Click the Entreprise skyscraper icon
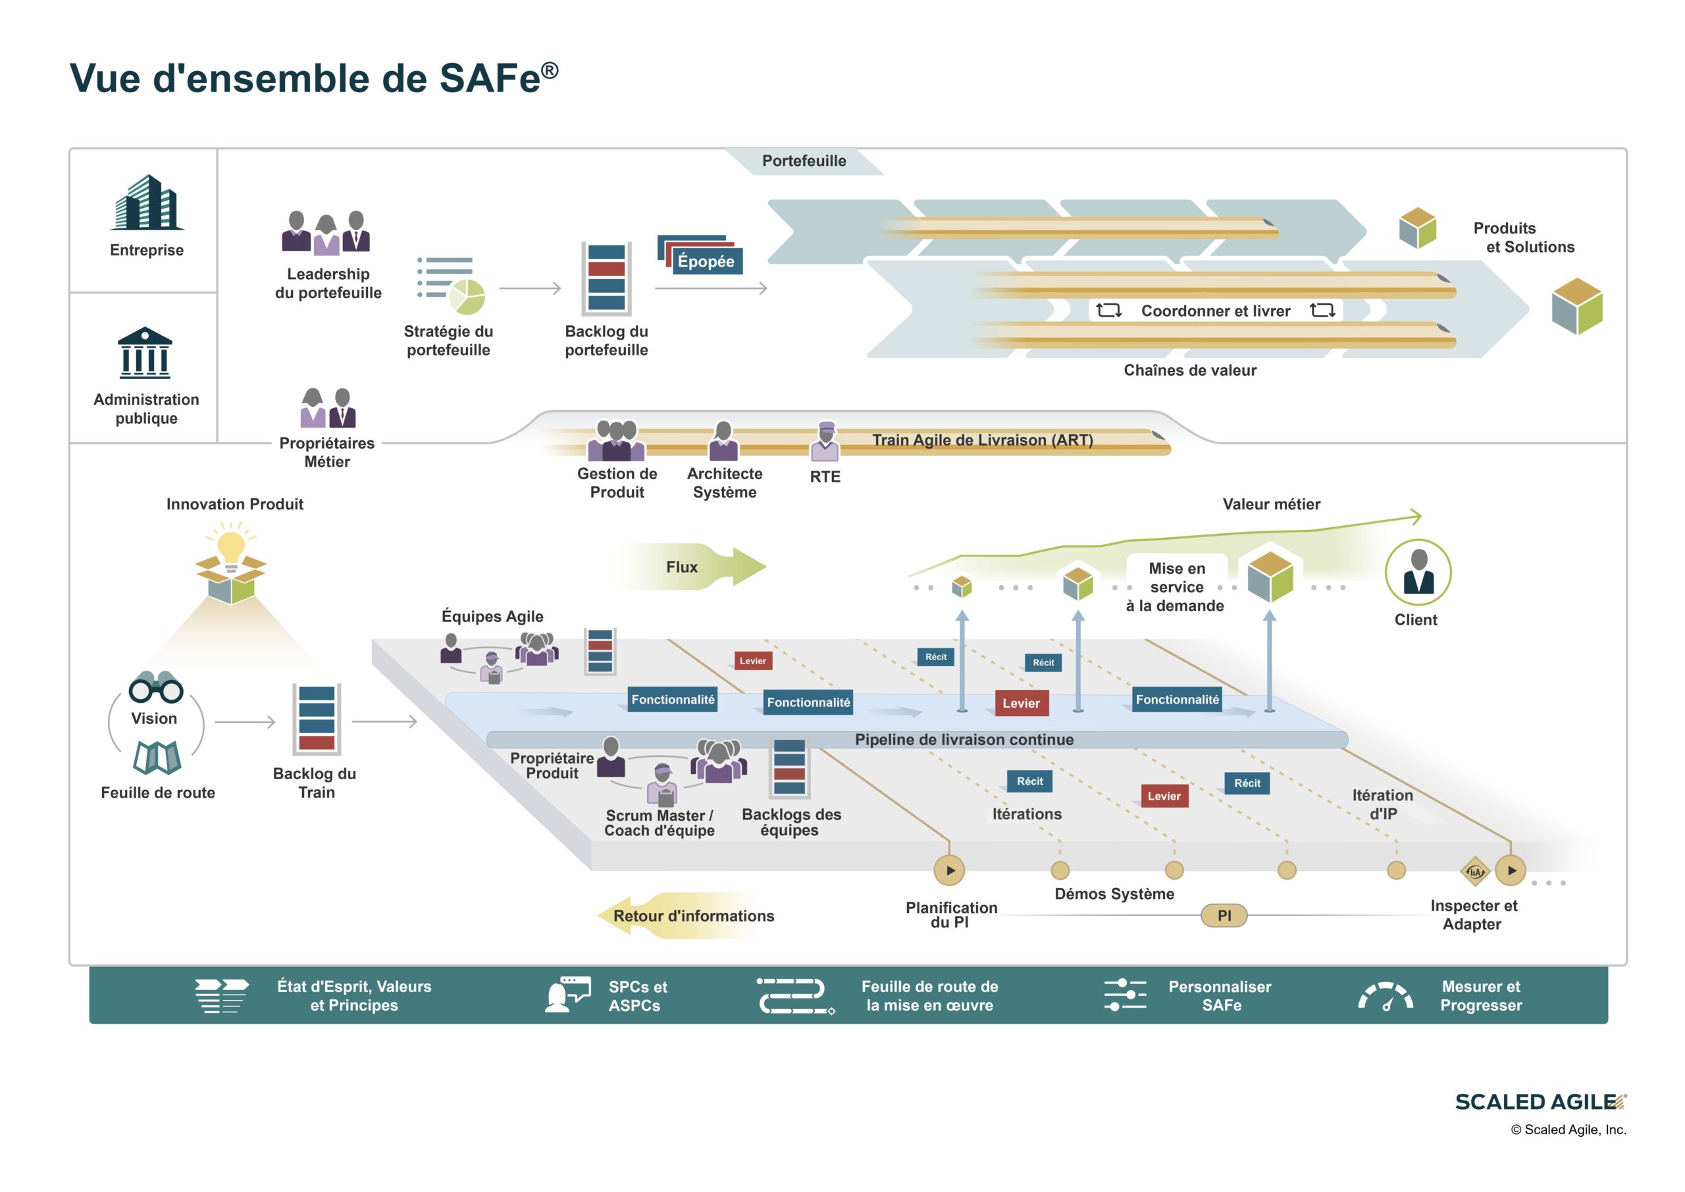click(147, 203)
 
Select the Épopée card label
click(706, 261)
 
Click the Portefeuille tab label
click(804, 161)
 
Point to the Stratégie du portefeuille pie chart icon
click(466, 296)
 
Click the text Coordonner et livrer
click(1215, 311)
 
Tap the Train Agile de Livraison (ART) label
click(982, 440)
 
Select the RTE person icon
click(825, 441)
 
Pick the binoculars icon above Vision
click(155, 688)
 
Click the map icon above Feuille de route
click(157, 758)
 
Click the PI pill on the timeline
click(1224, 916)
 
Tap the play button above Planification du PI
click(949, 871)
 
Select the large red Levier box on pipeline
click(1021, 703)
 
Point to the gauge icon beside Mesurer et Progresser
click(1386, 997)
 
